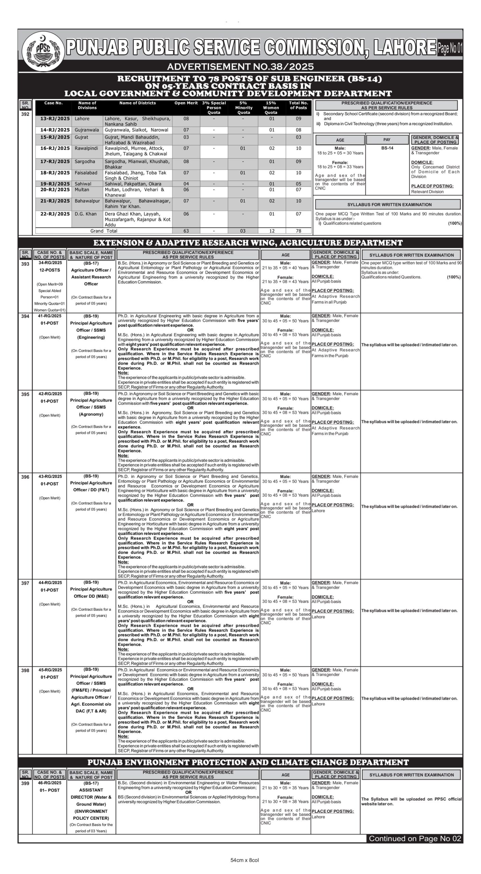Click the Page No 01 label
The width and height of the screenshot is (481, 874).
[450, 48]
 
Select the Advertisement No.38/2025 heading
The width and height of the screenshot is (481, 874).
[240, 66]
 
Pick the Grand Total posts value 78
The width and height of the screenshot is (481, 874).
[298, 231]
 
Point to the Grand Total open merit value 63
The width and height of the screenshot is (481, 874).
[186, 231]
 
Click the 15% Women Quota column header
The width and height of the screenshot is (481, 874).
[271, 108]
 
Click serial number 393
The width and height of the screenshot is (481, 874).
[25, 264]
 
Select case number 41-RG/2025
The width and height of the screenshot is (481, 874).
[50, 316]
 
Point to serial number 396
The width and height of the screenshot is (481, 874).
[25, 477]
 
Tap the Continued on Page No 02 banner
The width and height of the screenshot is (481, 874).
[415, 838]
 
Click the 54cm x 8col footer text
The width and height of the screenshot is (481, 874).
[245, 860]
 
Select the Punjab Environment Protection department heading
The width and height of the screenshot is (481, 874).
[248, 762]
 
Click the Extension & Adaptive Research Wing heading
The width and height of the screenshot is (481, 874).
[248, 243]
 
